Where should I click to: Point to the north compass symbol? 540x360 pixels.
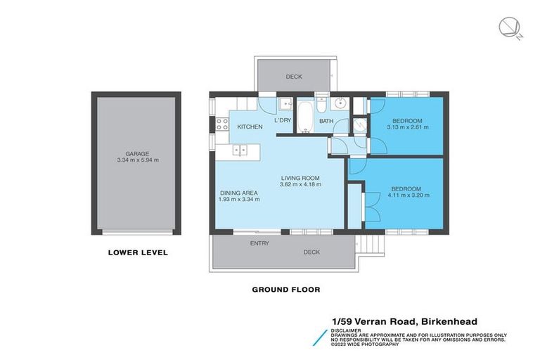[x=508, y=28]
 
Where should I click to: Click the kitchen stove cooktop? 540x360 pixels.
[x=221, y=127]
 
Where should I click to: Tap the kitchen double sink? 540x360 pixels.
[x=240, y=149]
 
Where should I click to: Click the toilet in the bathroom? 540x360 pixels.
[x=320, y=105]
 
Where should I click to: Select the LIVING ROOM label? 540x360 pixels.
[x=300, y=178]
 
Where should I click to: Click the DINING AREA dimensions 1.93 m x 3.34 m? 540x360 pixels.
[x=239, y=199]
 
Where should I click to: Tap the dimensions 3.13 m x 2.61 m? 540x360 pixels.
[x=406, y=127]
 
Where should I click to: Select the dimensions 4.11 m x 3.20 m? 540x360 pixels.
[x=406, y=195]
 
